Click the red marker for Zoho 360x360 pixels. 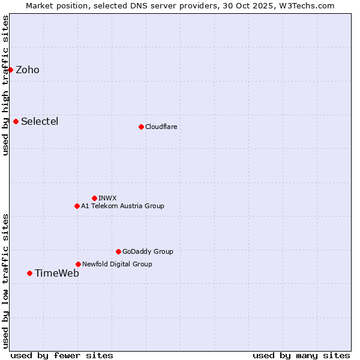(10, 70)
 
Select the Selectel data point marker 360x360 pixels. (16, 121)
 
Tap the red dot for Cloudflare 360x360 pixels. (141, 127)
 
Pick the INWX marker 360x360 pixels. (94, 198)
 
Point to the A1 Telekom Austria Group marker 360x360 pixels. (77, 206)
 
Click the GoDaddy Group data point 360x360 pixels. (118, 251)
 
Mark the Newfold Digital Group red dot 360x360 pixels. (78, 264)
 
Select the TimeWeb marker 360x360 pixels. (29, 273)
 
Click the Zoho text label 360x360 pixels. (28, 70)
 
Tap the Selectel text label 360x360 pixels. (40, 121)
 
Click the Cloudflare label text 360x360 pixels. (161, 127)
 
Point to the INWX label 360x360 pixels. (107, 198)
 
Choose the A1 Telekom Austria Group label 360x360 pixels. (122, 206)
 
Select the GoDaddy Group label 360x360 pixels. (148, 251)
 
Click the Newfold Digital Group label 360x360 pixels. (117, 264)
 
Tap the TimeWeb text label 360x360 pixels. (57, 273)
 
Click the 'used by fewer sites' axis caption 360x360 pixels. (62, 355)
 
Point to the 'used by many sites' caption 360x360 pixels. (301, 355)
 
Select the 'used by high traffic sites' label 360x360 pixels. (5, 85)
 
